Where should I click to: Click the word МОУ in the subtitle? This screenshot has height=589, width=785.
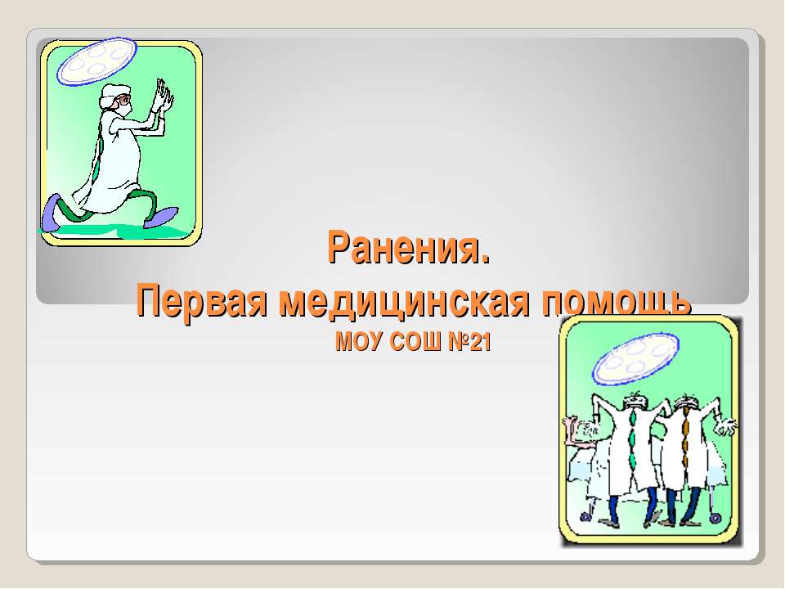tap(355, 342)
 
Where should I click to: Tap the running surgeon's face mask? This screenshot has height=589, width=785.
tap(122, 105)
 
